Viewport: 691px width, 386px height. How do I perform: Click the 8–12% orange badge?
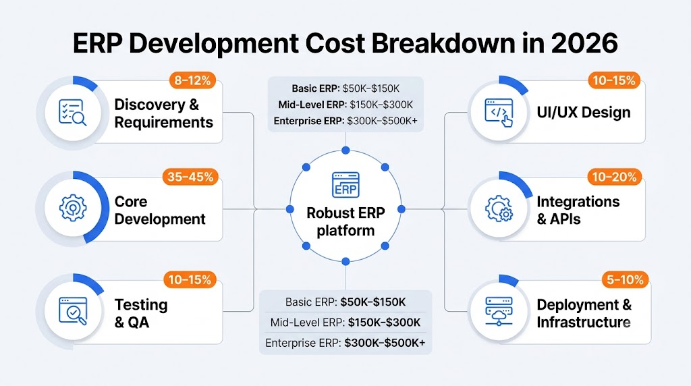(192, 80)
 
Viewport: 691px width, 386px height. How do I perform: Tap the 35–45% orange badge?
(190, 177)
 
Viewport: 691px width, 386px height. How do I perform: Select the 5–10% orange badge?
(625, 280)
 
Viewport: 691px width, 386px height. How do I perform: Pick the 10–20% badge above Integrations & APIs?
(614, 177)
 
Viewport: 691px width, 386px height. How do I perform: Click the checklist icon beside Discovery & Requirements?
(72, 113)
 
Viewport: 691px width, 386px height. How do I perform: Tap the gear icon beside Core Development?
(73, 208)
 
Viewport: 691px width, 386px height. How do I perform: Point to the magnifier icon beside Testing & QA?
(73, 311)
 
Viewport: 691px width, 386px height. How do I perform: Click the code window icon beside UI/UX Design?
(499, 113)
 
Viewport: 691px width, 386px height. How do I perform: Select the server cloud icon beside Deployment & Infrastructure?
(499, 311)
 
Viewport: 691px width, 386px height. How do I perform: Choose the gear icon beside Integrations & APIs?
(499, 209)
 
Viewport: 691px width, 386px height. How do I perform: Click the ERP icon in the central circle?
(345, 185)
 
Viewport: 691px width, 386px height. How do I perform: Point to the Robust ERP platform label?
(345, 221)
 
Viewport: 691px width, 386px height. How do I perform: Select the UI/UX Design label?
(584, 113)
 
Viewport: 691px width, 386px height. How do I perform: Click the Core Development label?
(159, 210)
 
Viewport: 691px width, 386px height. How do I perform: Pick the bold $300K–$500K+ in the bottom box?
(385, 343)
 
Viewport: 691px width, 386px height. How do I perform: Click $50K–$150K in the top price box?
(370, 88)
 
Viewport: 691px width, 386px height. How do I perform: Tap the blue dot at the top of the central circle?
(345, 150)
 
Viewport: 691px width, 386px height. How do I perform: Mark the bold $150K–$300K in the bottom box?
(384, 323)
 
